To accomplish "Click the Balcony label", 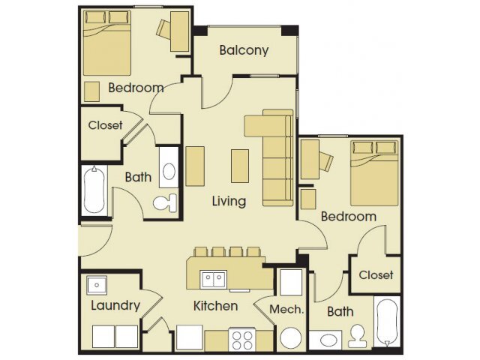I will click(244, 51).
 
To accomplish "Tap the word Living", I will click(229, 201).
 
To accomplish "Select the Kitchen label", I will click(216, 306).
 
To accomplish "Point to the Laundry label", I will click(115, 305).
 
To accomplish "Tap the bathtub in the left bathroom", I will click(95, 190).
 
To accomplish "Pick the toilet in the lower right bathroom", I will click(358, 335).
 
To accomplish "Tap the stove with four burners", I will click(243, 340).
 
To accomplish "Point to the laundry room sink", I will click(96, 285).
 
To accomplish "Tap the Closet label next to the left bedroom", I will click(105, 125).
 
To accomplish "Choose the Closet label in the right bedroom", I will click(376, 275).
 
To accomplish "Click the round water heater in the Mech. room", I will click(289, 339).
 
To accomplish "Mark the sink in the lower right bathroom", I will click(327, 340).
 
